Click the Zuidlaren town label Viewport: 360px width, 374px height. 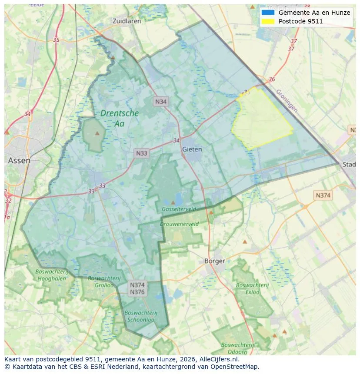(x=126, y=21)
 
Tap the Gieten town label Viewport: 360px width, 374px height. (x=192, y=149)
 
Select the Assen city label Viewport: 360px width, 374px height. (x=19, y=160)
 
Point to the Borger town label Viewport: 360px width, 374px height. (x=215, y=261)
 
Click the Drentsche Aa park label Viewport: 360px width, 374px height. (x=120, y=118)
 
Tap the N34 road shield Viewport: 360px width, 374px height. (x=161, y=102)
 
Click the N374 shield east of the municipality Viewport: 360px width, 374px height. (x=323, y=195)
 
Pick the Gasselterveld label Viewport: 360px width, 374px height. (x=179, y=209)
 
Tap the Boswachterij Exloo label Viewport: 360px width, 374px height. (x=247, y=288)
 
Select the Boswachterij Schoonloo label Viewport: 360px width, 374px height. (x=140, y=316)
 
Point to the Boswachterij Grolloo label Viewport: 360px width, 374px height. (x=101, y=281)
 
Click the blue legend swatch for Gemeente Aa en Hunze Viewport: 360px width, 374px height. (x=268, y=13)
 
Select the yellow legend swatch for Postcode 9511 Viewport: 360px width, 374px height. (x=268, y=21)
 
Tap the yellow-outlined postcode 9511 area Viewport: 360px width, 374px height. (x=261, y=119)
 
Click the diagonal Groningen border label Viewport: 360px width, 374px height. (x=287, y=100)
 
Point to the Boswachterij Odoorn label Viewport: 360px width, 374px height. (x=235, y=348)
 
